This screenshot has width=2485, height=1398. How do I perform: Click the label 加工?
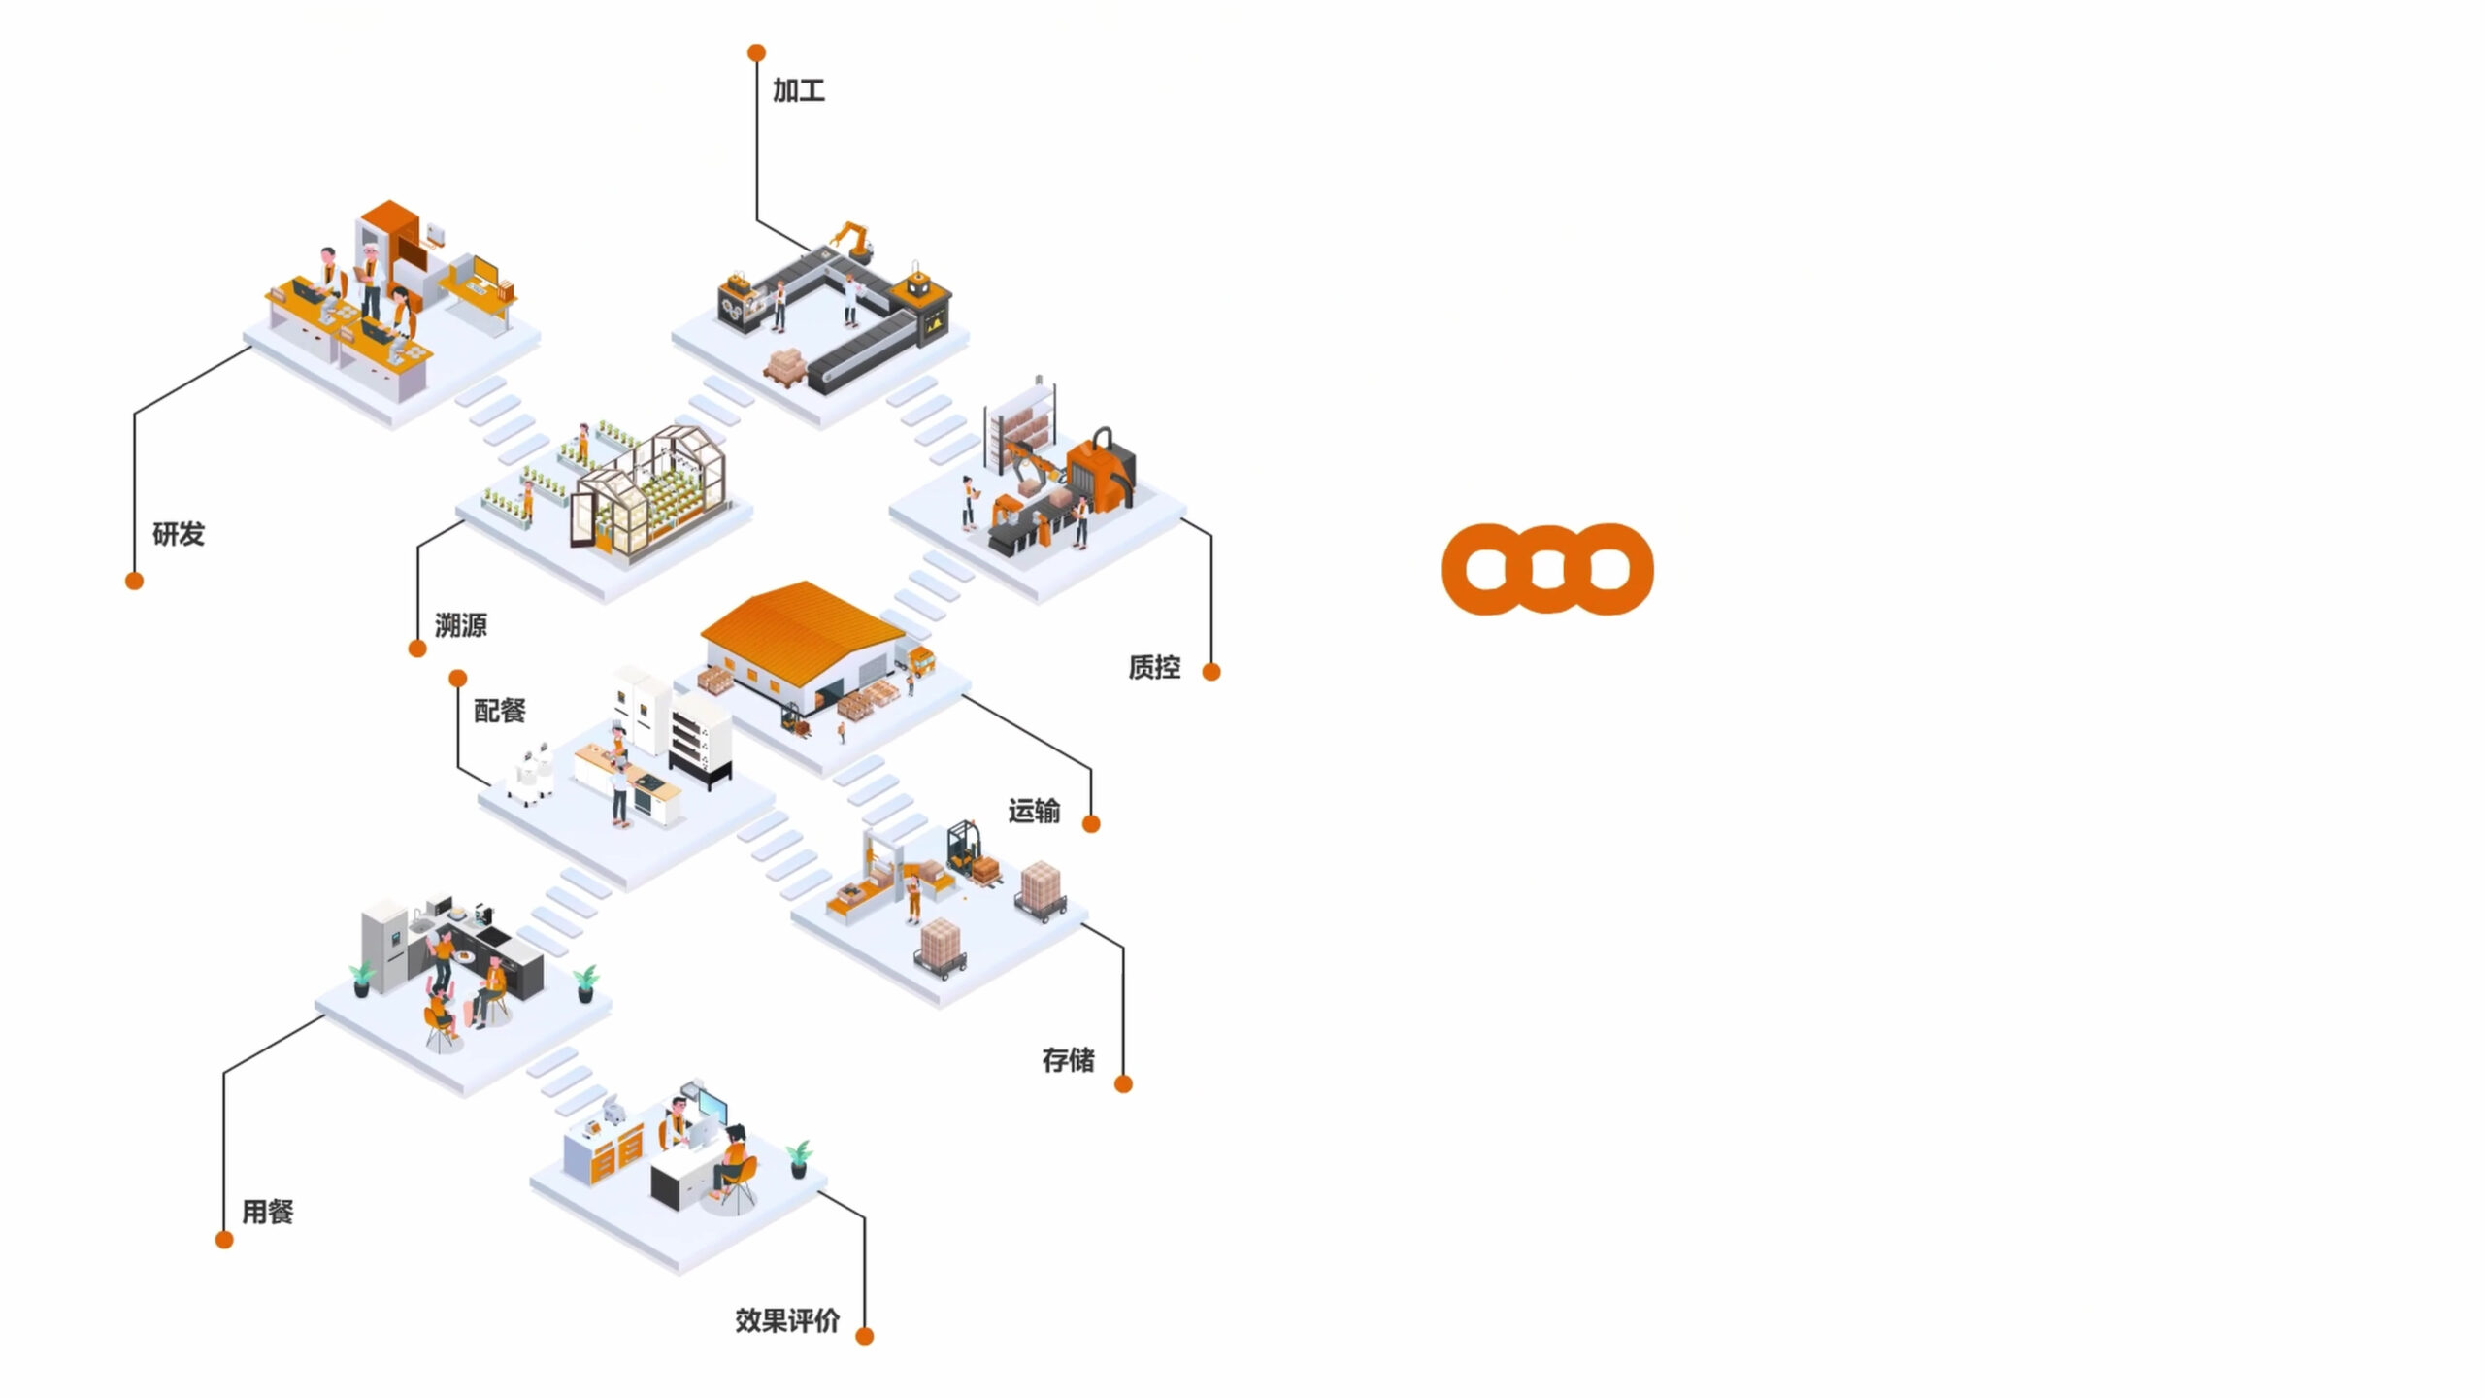[x=798, y=91]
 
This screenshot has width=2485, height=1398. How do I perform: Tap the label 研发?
[x=179, y=534]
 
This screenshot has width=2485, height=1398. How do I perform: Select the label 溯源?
[x=460, y=625]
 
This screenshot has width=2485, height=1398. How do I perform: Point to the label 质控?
[x=1154, y=668]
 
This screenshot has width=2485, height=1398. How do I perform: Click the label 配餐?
[x=499, y=711]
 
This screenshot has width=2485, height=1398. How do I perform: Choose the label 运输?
[x=1034, y=811]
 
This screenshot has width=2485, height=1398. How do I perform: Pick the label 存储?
[x=1068, y=1060]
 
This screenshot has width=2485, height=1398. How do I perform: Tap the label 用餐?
[x=267, y=1212]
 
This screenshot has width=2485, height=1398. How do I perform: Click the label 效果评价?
[x=786, y=1320]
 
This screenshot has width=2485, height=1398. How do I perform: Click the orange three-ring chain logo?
[x=1547, y=569]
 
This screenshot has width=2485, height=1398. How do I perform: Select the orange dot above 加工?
[x=756, y=52]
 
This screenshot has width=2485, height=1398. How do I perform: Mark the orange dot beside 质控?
[x=1211, y=672]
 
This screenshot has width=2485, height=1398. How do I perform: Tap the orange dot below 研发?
[x=134, y=581]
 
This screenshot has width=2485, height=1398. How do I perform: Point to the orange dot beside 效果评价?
[x=864, y=1337]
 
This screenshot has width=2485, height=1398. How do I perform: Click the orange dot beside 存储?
[x=1123, y=1084]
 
